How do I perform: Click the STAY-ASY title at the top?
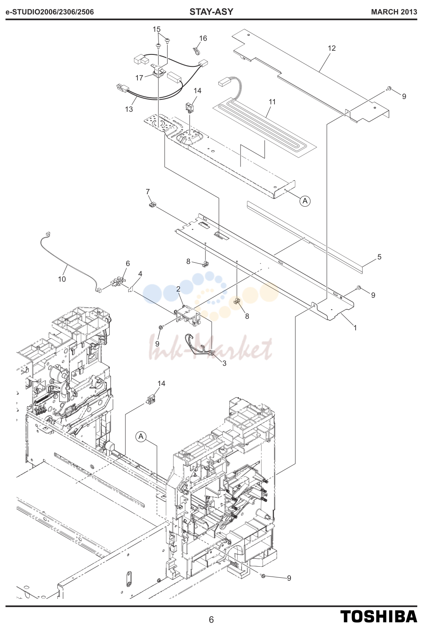[211, 12]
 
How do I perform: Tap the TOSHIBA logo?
[379, 617]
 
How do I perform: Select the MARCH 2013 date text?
[394, 12]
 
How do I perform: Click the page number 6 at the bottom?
[211, 619]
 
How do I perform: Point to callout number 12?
[332, 48]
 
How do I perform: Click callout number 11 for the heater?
[272, 102]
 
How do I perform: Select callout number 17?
[139, 78]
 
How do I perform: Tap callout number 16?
[203, 38]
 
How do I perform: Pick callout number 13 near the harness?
[129, 109]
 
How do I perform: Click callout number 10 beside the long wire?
[62, 279]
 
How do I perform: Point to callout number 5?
[379, 257]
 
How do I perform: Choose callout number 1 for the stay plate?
[355, 327]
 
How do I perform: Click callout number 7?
[148, 191]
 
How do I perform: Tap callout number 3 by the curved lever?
[224, 363]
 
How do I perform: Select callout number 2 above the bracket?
[178, 289]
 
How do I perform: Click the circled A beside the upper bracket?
[305, 201]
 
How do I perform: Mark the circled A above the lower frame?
[141, 437]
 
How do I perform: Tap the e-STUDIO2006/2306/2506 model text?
[50, 12]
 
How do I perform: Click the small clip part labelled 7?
[152, 204]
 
